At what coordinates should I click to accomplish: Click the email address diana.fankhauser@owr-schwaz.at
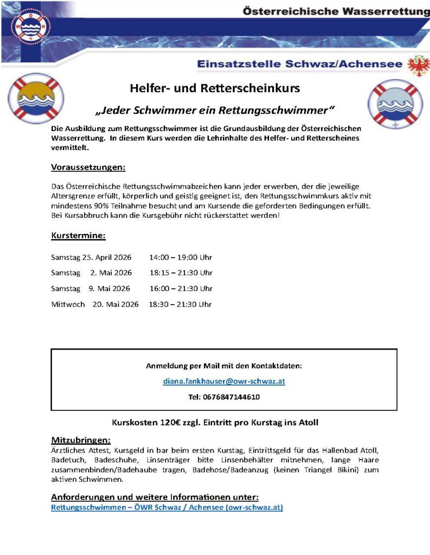(x=224, y=381)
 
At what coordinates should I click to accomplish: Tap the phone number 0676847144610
(x=224, y=397)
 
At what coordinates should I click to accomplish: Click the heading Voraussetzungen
(x=88, y=166)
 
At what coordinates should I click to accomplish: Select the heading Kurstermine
(x=78, y=236)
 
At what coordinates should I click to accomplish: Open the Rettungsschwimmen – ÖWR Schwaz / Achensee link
(x=167, y=508)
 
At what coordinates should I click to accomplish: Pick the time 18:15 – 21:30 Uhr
(x=181, y=273)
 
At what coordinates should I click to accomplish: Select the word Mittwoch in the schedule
(x=68, y=304)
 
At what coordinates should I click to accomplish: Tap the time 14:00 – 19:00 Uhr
(x=181, y=257)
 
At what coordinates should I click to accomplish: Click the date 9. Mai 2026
(x=109, y=288)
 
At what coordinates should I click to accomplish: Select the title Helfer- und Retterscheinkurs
(x=215, y=88)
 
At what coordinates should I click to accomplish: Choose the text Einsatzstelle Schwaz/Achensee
(x=299, y=64)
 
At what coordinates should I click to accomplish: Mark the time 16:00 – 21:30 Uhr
(x=181, y=288)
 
